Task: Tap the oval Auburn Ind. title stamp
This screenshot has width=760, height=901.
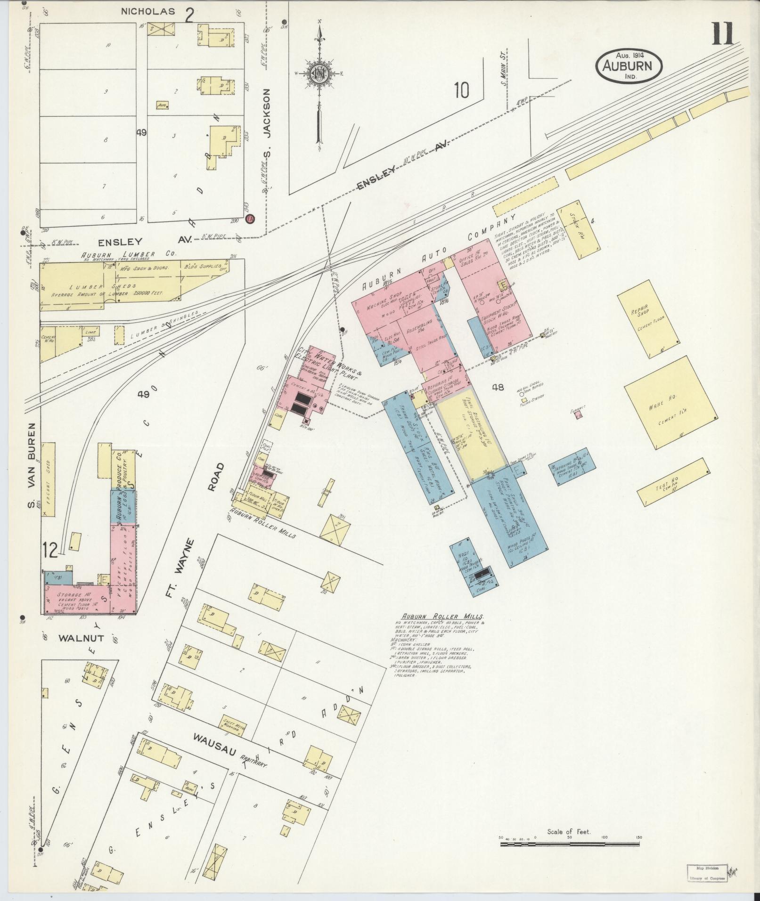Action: point(629,65)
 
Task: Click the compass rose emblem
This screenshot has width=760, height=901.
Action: point(319,74)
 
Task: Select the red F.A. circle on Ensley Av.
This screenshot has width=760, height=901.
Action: point(251,219)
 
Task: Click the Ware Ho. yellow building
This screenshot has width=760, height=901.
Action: point(671,403)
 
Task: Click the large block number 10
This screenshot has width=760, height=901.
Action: point(462,90)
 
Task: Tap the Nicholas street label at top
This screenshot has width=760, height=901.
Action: point(141,11)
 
